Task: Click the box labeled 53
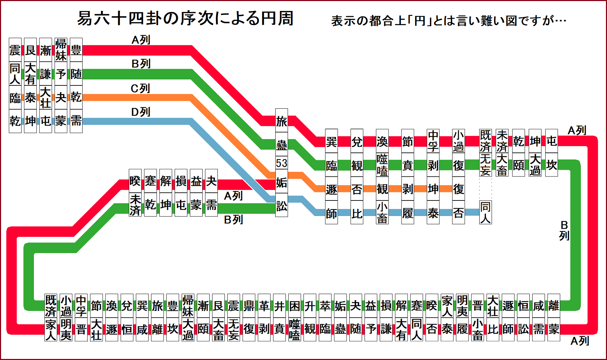click(281, 163)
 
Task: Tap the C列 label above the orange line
click(140, 88)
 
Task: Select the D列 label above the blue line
click(140, 112)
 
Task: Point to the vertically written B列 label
click(564, 230)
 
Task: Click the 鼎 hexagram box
click(249, 306)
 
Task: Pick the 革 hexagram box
click(264, 306)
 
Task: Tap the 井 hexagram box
click(279, 306)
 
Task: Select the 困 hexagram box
click(294, 306)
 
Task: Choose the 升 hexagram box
click(309, 306)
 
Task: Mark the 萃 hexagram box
click(325, 306)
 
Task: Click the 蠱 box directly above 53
click(281, 144)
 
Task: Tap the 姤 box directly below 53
click(281, 182)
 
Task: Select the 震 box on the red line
click(15, 50)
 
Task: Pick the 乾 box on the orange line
click(76, 97)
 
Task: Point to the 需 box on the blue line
click(76, 121)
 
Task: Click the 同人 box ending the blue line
click(485, 212)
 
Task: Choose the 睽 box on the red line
click(135, 181)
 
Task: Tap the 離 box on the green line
click(554, 306)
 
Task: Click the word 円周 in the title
click(277, 18)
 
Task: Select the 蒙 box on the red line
click(554, 329)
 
